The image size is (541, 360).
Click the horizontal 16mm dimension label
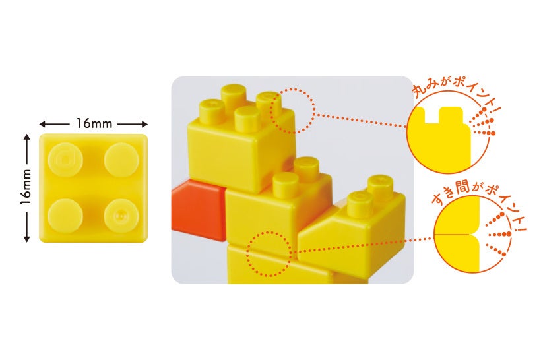coord(93,123)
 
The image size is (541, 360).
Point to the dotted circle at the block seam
coord(269,253)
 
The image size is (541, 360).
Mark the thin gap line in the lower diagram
coord(455,234)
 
